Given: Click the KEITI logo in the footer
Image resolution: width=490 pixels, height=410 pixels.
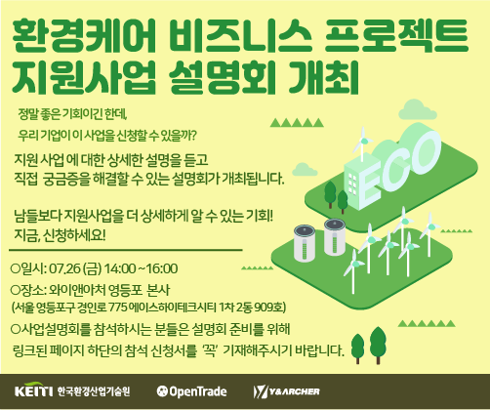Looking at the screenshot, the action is [x=34, y=390].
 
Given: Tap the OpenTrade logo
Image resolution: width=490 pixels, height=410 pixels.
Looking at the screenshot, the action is [x=191, y=391].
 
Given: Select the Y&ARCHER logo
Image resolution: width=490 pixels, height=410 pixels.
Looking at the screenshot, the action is [x=286, y=391].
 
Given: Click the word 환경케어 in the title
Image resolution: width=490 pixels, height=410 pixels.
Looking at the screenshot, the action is [x=83, y=36].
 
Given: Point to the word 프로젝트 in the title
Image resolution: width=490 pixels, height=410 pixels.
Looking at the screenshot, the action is [x=396, y=36].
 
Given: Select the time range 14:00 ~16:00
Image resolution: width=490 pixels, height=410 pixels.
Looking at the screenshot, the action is [x=141, y=268].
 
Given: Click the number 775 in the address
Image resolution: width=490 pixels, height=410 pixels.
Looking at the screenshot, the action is [x=118, y=307].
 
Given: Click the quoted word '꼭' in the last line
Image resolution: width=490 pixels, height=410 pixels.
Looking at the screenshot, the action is [x=210, y=350].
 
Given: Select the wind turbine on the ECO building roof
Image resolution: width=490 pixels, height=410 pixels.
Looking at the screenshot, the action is [x=362, y=143].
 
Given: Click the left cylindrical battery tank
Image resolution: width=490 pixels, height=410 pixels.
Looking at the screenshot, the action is [x=305, y=243].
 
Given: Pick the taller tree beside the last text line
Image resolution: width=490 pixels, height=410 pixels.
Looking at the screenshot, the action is [x=378, y=345].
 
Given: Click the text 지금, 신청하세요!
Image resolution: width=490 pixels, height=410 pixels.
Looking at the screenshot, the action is [x=60, y=235].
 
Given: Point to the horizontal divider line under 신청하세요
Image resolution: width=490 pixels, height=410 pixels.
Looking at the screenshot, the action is [x=126, y=250].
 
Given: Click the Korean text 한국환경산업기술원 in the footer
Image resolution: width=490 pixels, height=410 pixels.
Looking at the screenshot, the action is [x=94, y=391].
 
